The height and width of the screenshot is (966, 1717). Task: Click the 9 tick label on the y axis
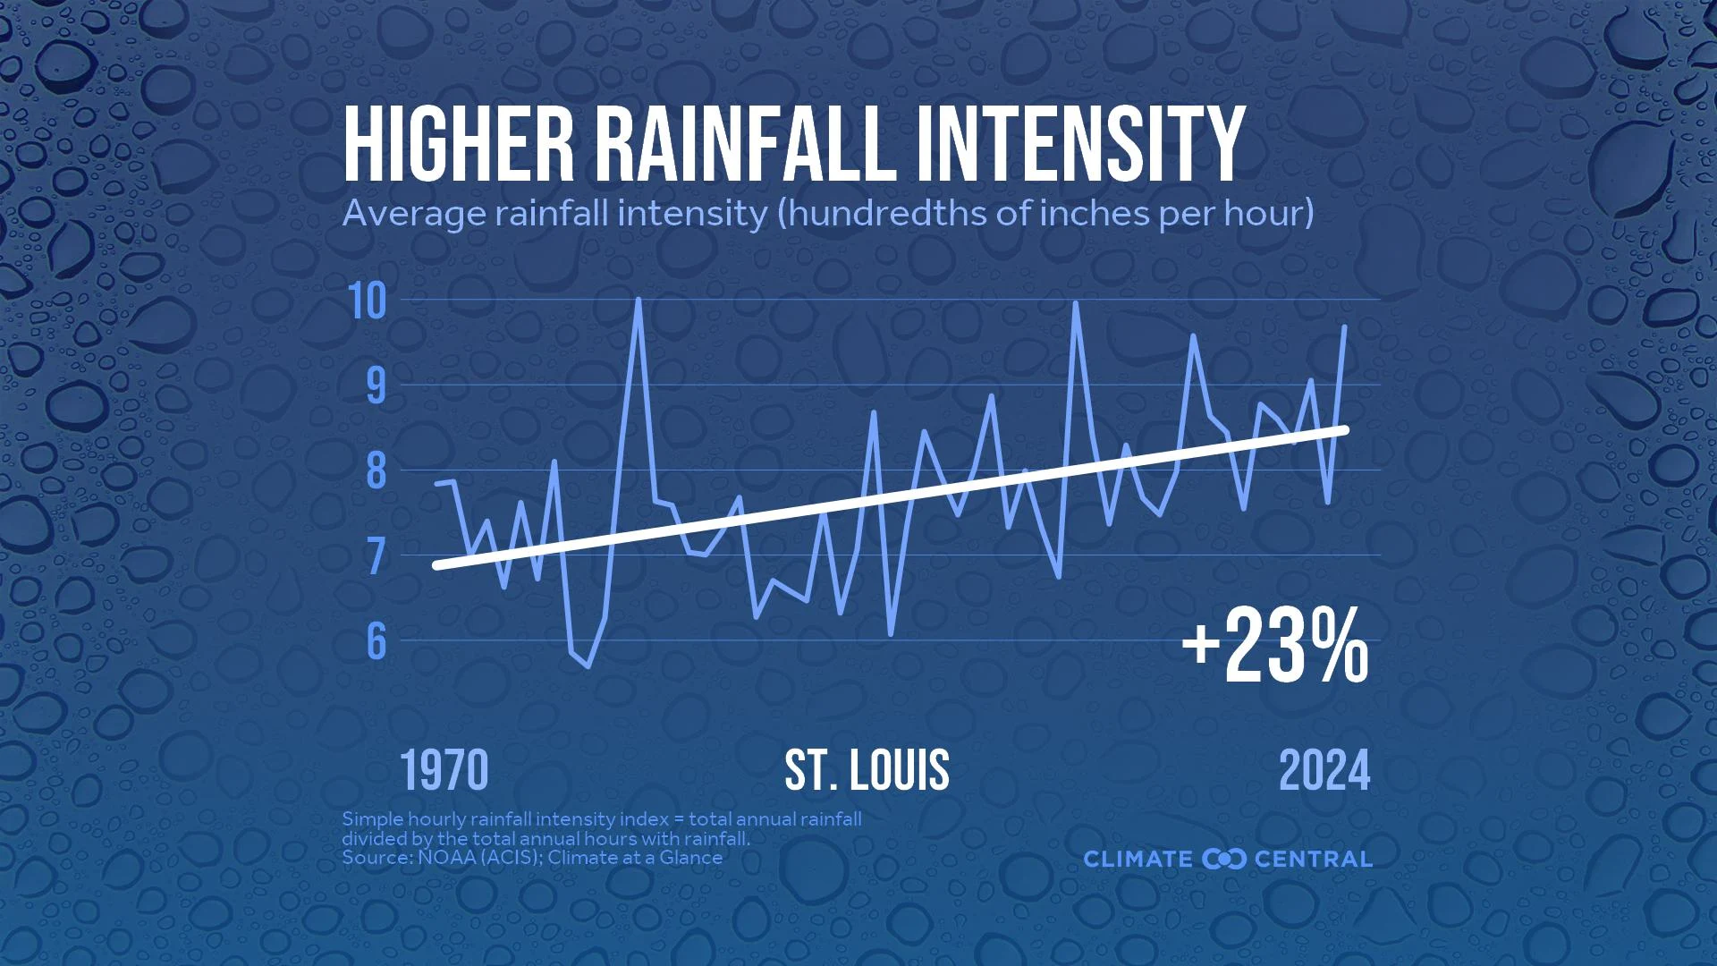(376, 386)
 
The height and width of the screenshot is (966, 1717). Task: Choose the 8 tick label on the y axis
(376, 470)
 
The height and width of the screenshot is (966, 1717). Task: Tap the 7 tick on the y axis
(376, 555)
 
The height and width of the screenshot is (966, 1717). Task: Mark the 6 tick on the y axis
(376, 640)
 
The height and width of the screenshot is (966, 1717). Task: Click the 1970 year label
(444, 771)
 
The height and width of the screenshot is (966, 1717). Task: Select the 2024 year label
(1324, 771)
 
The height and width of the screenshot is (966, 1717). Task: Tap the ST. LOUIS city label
(867, 771)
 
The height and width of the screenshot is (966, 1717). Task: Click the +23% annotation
(1274, 647)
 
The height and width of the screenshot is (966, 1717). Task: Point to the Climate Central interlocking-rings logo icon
(1224, 860)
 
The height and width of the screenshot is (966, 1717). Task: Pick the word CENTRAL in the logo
(1314, 860)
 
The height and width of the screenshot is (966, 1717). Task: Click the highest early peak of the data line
(638, 300)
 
